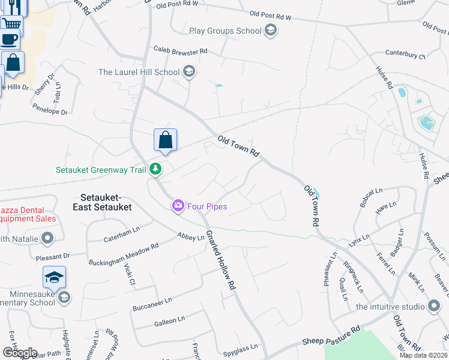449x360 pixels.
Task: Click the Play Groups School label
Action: [225, 31]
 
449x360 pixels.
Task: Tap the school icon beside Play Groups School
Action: [271, 31]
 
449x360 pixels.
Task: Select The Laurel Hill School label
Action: [139, 72]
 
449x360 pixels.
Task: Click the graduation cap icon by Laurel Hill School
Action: [189, 73]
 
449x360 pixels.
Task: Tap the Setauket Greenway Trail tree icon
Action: [155, 170]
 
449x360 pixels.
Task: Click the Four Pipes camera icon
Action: [178, 206]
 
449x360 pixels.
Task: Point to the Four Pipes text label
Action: [207, 206]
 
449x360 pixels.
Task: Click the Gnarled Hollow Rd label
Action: [220, 260]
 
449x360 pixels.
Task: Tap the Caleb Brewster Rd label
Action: [180, 51]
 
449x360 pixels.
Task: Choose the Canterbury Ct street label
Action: [405, 56]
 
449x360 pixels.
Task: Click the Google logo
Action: [19, 353]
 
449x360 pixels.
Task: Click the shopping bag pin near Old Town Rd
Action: [165, 141]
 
